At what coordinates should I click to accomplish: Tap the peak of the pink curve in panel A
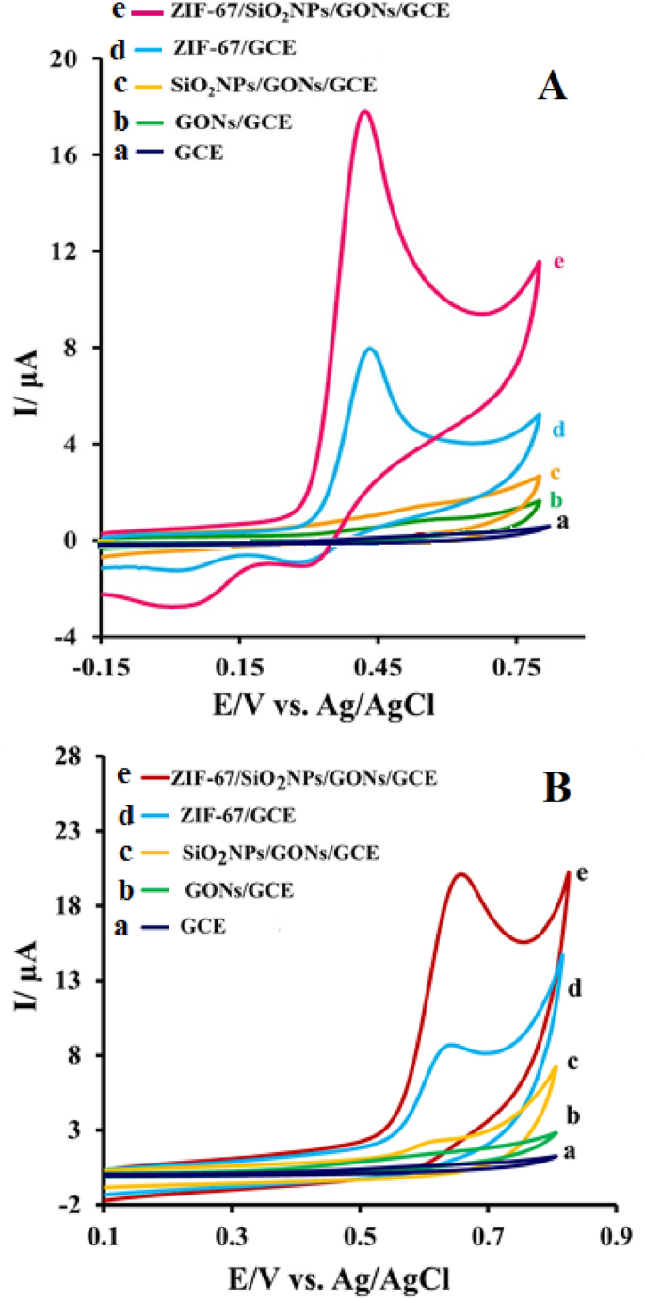(x=363, y=112)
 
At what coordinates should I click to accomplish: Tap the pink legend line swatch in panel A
(x=148, y=13)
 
